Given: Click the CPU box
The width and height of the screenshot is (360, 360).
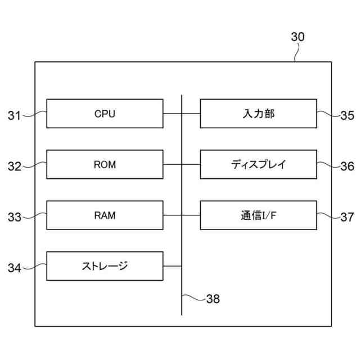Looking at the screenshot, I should pyautogui.click(x=105, y=114).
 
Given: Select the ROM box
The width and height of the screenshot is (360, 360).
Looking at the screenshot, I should pyautogui.click(x=105, y=164).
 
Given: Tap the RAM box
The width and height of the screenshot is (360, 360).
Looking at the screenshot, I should pyautogui.click(x=105, y=215).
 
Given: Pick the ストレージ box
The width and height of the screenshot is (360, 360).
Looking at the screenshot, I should pyautogui.click(x=105, y=266).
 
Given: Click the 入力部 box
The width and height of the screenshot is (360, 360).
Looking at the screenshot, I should pyautogui.click(x=258, y=114).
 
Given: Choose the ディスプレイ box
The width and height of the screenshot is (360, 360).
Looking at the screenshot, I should pyautogui.click(x=258, y=164).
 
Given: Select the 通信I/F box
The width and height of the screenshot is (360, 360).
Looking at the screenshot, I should pyautogui.click(x=258, y=215).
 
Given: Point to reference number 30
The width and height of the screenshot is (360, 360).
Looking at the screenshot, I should pyautogui.click(x=298, y=37).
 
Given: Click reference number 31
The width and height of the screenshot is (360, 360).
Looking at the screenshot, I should pyautogui.click(x=14, y=116).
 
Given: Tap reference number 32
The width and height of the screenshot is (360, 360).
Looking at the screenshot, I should pyautogui.click(x=14, y=166).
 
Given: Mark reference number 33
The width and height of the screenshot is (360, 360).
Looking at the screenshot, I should pyautogui.click(x=14, y=217).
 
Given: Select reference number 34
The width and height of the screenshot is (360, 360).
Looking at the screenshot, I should pyautogui.click(x=14, y=268).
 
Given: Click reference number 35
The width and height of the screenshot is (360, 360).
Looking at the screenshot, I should pyautogui.click(x=347, y=116).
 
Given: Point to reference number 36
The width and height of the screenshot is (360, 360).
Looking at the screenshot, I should pyautogui.click(x=347, y=166).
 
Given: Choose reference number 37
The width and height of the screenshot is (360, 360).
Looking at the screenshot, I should pyautogui.click(x=347, y=217).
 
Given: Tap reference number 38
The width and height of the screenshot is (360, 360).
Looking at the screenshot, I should pyautogui.click(x=213, y=299).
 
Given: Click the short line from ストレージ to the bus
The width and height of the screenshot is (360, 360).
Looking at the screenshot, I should pyautogui.click(x=172, y=266).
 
